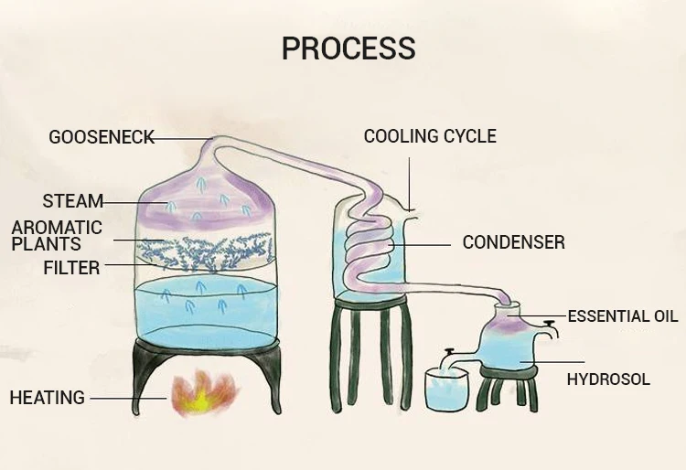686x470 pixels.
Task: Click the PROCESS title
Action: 348,48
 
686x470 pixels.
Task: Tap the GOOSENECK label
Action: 101,138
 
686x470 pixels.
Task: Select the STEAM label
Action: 72,201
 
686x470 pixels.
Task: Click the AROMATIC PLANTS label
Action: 56,236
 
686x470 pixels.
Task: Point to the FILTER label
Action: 71,268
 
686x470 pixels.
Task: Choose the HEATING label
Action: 47,398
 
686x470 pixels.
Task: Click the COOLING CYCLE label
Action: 430,136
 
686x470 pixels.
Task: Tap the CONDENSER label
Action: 513,242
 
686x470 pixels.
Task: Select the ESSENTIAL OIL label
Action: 623,316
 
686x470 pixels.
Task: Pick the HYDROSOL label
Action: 608,379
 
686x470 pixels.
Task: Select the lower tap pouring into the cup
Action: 449,355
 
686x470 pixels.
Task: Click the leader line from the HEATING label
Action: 128,398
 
